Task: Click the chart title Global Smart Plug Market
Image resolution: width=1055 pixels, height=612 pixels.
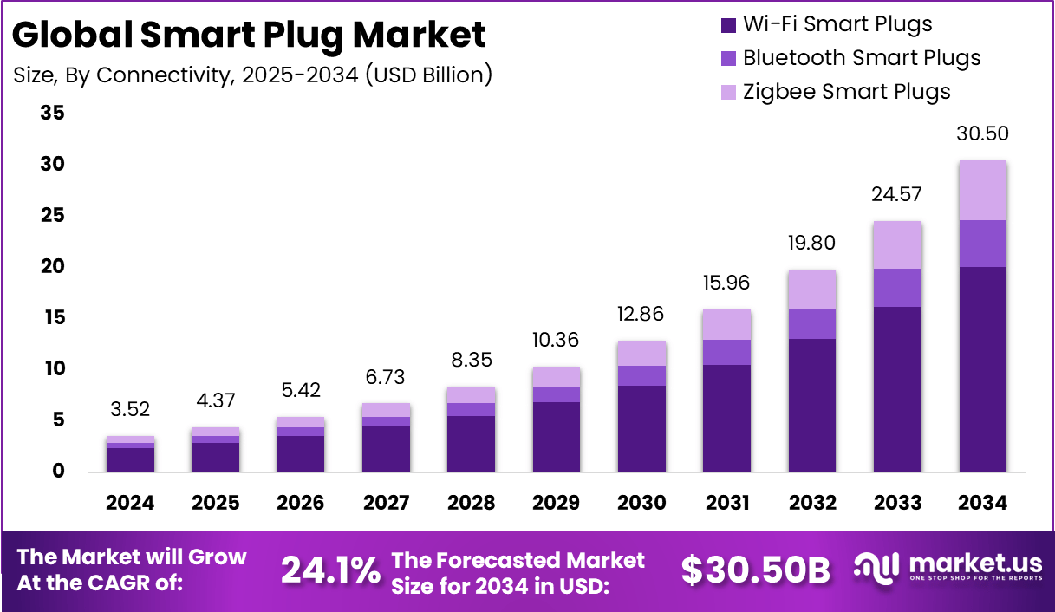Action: click(x=250, y=35)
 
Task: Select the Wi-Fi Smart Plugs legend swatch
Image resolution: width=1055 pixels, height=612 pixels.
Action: click(x=727, y=25)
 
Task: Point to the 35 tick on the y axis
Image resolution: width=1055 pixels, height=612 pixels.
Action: click(x=52, y=113)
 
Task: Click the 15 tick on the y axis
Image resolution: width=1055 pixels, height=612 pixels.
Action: click(x=52, y=318)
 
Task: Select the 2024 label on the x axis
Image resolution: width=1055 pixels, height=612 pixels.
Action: click(x=130, y=503)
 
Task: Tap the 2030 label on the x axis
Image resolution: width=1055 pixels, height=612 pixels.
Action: click(x=641, y=503)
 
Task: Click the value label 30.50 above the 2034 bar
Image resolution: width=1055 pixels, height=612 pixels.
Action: click(x=983, y=134)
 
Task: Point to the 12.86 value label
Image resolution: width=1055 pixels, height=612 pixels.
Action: click(x=641, y=315)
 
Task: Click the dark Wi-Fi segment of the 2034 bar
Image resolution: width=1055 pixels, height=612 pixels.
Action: click(x=983, y=368)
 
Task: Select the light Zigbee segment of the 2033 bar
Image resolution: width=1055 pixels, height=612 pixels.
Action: click(x=897, y=245)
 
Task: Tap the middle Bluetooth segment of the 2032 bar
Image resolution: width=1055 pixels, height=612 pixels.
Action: click(x=812, y=323)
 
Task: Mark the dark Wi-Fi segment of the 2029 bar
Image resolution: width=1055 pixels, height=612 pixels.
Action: click(x=557, y=436)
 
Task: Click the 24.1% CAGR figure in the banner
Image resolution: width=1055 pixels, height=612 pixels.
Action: click(x=330, y=570)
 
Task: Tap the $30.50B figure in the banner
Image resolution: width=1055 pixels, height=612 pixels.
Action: click(x=755, y=570)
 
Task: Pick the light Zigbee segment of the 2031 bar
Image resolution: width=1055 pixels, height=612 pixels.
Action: click(x=727, y=325)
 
